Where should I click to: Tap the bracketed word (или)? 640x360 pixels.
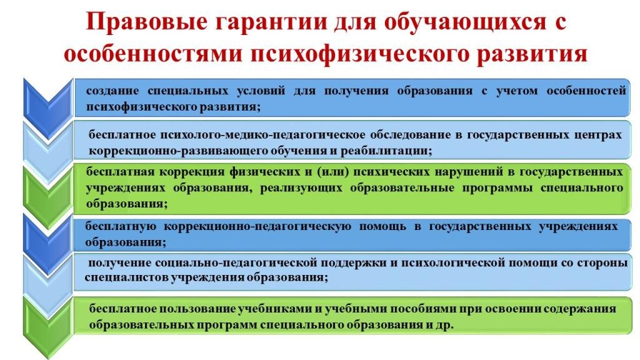pyautogui.click(x=333, y=172)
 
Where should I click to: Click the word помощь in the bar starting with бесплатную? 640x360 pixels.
pyautogui.click(x=382, y=226)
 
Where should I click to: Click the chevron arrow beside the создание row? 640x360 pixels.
pyautogui.click(x=48, y=107)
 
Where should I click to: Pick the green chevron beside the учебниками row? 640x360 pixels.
pyautogui.click(x=48, y=326)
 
